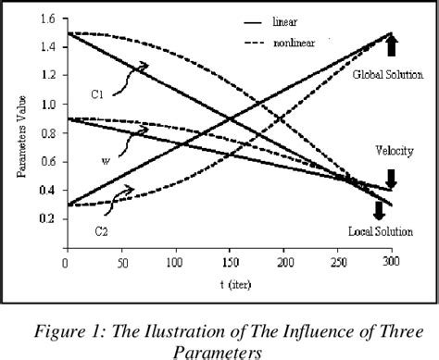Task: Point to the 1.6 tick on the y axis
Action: point(47,19)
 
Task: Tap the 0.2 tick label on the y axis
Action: point(47,218)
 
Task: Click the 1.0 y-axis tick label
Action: point(47,105)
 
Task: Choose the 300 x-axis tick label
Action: point(390,264)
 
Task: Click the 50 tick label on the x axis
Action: point(119,264)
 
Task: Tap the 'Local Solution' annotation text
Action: point(380,230)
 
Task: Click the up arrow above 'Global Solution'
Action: point(391,45)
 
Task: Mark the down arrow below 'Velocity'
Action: point(391,178)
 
